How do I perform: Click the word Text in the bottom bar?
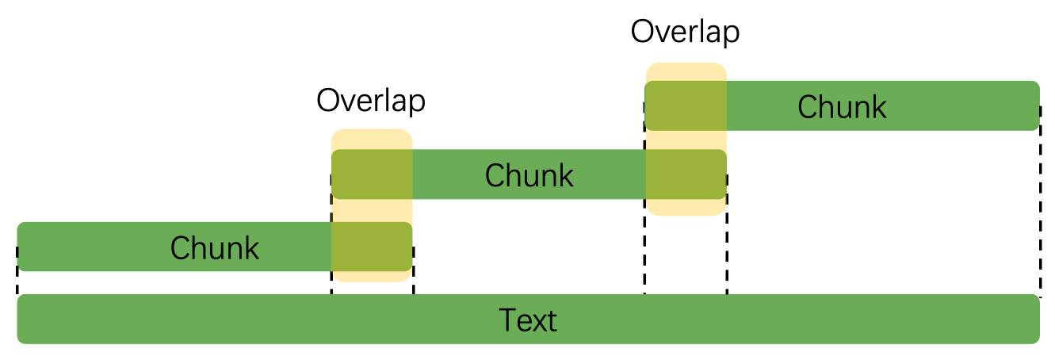click(528, 320)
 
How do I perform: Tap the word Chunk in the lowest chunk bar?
click(214, 247)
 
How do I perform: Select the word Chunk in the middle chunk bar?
click(529, 174)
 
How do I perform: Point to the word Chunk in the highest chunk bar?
click(841, 106)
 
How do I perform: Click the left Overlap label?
click(371, 101)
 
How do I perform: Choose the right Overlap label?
click(685, 33)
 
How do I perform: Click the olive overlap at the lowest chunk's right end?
click(371, 247)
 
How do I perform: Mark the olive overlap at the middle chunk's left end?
click(371, 174)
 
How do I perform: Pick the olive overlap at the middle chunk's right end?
click(686, 174)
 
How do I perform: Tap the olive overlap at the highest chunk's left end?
click(686, 105)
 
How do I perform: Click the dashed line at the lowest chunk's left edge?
click(17, 281)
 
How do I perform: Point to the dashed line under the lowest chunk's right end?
click(413, 283)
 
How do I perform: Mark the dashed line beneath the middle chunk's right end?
click(726, 246)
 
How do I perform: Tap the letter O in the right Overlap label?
click(643, 33)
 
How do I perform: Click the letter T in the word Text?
click(506, 320)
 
